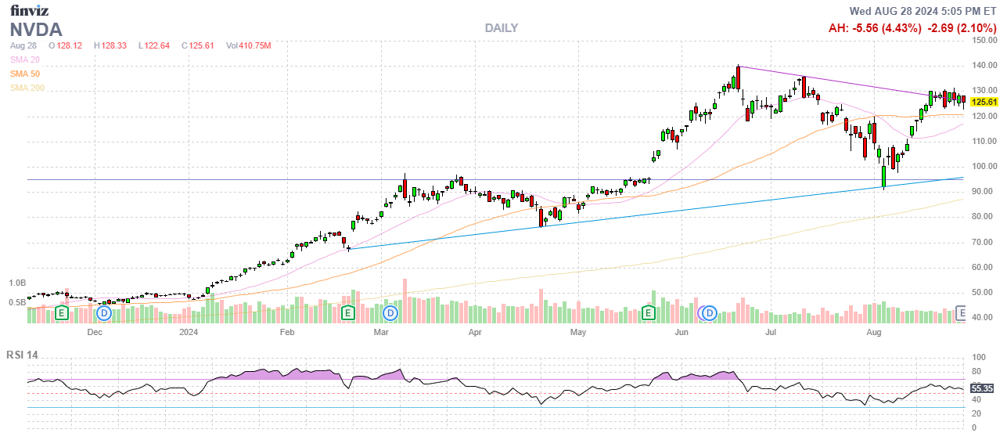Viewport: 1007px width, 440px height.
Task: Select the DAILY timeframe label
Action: pos(501,28)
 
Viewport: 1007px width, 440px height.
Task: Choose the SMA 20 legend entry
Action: pos(24,60)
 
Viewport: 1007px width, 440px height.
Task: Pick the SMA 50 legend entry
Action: pos(24,74)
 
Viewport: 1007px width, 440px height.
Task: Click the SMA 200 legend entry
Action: pos(27,88)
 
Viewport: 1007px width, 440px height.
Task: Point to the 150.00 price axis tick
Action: pos(984,41)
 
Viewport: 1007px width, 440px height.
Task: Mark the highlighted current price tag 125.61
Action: pos(984,102)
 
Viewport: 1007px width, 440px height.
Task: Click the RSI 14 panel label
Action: pos(22,355)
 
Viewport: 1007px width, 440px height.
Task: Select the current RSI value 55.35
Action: pos(982,388)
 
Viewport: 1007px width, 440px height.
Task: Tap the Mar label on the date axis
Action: pos(381,332)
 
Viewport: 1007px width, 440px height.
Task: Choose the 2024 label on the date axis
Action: pos(188,332)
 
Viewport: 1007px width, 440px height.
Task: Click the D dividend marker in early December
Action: pos(104,313)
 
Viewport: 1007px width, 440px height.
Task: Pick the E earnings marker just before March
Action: pos(348,313)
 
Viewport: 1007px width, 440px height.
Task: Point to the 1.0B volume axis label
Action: pos(18,283)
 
